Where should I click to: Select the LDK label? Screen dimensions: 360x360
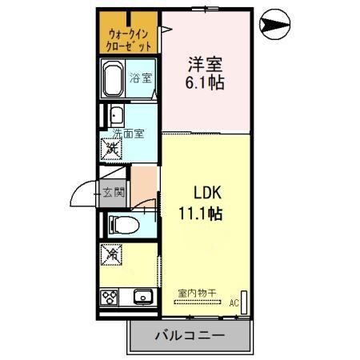[210, 193]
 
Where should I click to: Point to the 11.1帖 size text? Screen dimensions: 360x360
[200, 214]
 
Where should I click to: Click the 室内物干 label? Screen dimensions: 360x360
[196, 293]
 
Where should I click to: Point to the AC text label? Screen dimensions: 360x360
[234, 302]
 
